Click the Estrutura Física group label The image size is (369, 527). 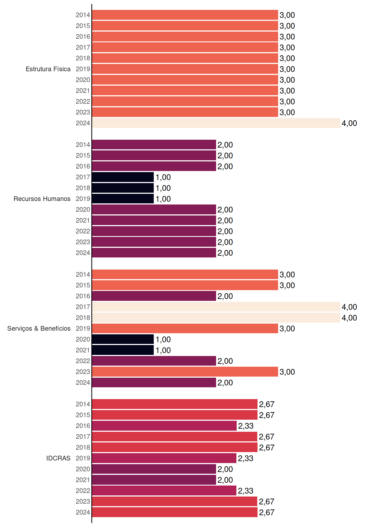pyautogui.click(x=48, y=69)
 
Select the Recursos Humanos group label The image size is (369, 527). pyautogui.click(x=42, y=199)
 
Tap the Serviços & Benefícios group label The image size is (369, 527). pyautogui.click(x=39, y=329)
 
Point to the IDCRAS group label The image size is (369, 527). pyautogui.click(x=58, y=458)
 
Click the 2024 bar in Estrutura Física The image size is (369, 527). pyautogui.click(x=216, y=123)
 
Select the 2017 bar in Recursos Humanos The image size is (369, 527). pyautogui.click(x=123, y=177)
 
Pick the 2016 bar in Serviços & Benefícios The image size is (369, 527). pyautogui.click(x=154, y=296)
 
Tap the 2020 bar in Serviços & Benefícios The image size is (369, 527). pyautogui.click(x=123, y=339)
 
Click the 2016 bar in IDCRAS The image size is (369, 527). pyautogui.click(x=164, y=426)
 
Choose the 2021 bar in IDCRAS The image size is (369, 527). pyautogui.click(x=154, y=480)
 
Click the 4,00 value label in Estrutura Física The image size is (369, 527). pyautogui.click(x=349, y=123)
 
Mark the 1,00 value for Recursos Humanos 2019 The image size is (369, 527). pyautogui.click(x=163, y=199)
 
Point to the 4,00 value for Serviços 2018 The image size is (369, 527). pyautogui.click(x=349, y=318)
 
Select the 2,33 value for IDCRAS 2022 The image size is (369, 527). pyautogui.click(x=245, y=491)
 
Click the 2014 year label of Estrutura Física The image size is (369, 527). pyautogui.click(x=83, y=15)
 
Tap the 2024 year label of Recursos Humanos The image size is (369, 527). pyautogui.click(x=83, y=253)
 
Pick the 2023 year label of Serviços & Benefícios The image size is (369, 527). pyautogui.click(x=83, y=372)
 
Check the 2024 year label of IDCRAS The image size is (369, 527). pyautogui.click(x=83, y=512)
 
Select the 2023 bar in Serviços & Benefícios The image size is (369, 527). pyautogui.click(x=185, y=372)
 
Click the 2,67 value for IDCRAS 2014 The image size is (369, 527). pyautogui.click(x=267, y=404)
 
